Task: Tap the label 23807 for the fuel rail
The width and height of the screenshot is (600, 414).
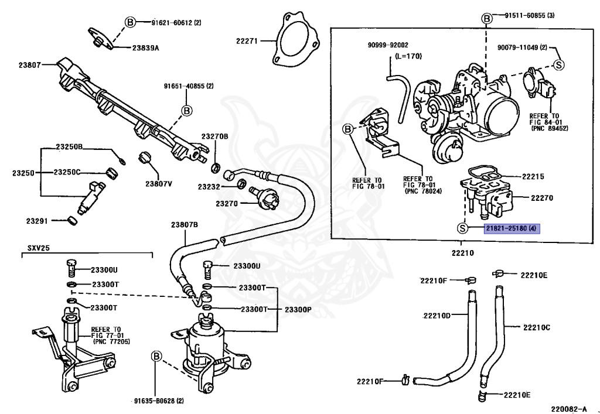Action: click(x=29, y=65)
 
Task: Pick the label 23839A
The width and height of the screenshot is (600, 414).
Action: click(x=145, y=48)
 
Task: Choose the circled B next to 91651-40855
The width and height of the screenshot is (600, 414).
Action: click(x=187, y=111)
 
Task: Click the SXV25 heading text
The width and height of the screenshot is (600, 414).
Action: click(x=38, y=248)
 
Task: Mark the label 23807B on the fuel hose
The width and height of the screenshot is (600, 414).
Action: click(x=185, y=225)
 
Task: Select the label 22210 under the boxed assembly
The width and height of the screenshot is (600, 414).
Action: click(x=462, y=253)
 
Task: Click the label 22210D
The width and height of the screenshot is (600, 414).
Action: click(x=437, y=316)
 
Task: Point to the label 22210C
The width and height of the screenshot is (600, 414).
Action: click(x=537, y=327)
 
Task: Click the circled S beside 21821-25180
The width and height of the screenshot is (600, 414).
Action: click(x=463, y=228)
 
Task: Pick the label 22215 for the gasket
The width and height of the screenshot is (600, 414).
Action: click(x=533, y=177)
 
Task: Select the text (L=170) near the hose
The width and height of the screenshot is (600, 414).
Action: click(x=408, y=56)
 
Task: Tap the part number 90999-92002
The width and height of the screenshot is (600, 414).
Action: click(x=388, y=45)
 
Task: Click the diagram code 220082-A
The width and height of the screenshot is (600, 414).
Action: click(x=568, y=409)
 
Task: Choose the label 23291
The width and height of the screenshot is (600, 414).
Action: click(x=37, y=221)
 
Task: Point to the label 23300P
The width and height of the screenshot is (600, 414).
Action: click(x=298, y=309)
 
